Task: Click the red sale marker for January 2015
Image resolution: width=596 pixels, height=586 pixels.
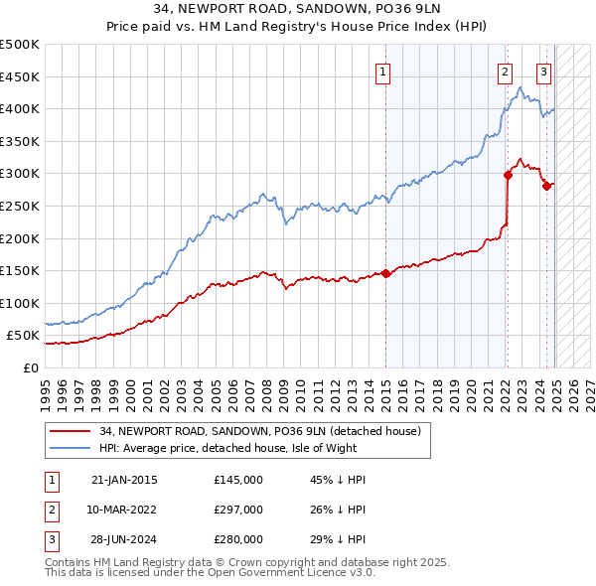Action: click(x=385, y=274)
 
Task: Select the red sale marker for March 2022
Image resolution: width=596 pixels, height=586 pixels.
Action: click(x=508, y=175)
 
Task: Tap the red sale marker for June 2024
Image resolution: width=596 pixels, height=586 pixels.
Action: click(x=546, y=186)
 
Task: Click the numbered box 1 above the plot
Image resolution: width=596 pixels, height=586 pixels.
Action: click(x=382, y=71)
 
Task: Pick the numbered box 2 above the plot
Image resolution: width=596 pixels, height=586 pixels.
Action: click(x=505, y=71)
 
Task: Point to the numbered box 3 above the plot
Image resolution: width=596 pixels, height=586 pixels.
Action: click(x=544, y=71)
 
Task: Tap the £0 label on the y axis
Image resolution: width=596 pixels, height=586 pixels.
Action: click(x=30, y=367)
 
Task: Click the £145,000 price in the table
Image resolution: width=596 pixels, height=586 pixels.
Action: click(x=238, y=480)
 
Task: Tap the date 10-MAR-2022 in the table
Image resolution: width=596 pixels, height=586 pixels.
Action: click(x=123, y=510)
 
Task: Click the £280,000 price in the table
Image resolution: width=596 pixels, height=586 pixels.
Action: click(x=238, y=539)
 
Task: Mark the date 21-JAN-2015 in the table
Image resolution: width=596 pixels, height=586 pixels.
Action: click(x=123, y=480)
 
